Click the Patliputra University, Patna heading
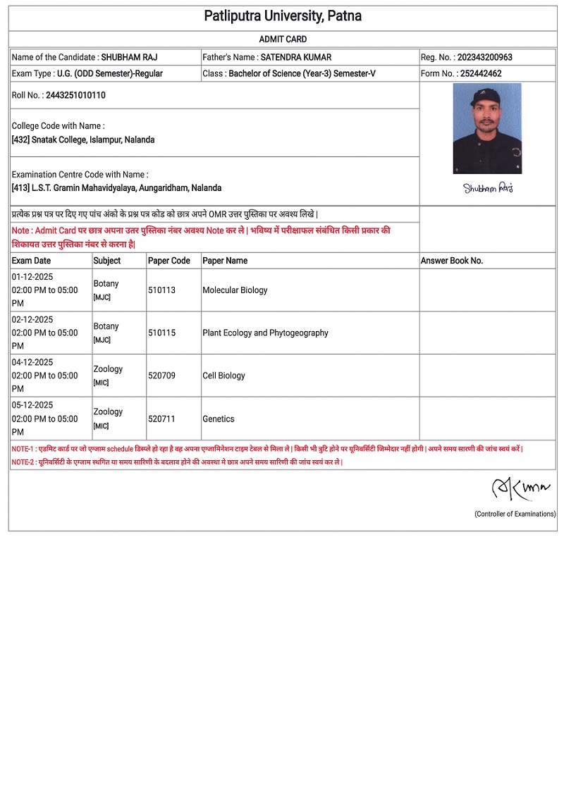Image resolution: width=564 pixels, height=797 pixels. point(283,16)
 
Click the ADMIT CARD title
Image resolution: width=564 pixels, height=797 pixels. point(283,39)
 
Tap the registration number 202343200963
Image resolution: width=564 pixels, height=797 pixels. point(485,57)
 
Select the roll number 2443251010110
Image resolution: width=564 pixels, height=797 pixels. point(75,95)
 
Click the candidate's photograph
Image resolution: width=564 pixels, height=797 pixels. point(487,128)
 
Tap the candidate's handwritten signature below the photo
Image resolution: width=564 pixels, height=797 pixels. point(488,187)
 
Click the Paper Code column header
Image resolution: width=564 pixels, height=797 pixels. point(169,261)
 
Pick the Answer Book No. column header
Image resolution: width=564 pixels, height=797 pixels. point(452,261)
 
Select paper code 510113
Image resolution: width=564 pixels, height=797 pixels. point(161,290)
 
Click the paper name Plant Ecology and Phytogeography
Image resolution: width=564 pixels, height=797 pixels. point(265,333)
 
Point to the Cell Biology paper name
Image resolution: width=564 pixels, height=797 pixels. point(223,376)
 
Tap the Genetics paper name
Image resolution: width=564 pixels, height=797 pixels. point(218,419)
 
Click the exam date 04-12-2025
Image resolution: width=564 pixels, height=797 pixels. point(32,362)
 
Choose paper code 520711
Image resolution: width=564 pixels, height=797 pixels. point(161,419)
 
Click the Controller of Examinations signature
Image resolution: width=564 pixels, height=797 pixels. point(520,488)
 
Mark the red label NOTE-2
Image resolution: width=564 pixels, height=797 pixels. point(23,462)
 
